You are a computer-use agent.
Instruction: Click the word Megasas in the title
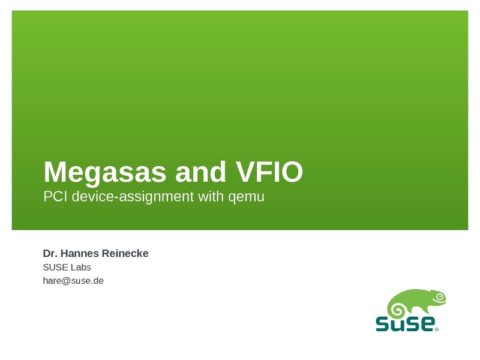[x=105, y=173]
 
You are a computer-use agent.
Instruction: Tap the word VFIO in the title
[x=269, y=172]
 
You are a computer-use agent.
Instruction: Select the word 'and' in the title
[x=200, y=172]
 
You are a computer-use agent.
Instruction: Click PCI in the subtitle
[x=55, y=196]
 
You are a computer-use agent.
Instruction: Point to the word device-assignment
[x=133, y=197]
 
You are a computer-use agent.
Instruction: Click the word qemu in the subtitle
[x=247, y=197]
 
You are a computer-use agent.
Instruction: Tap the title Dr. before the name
[x=50, y=253]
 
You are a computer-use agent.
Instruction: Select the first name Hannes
[x=80, y=253]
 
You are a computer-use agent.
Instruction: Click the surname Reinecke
[x=125, y=253]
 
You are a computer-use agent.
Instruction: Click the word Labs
[x=81, y=267]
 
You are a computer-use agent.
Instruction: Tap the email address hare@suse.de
[x=73, y=281]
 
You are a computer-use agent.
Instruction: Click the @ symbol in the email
[x=66, y=281]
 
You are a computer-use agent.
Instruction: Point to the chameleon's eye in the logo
[x=440, y=296]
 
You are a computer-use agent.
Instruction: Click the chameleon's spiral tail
[x=398, y=310]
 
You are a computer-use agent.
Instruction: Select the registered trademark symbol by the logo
[x=437, y=329]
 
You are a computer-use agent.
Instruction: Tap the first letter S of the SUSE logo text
[x=383, y=324]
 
